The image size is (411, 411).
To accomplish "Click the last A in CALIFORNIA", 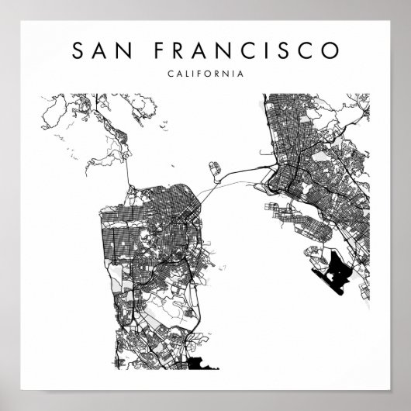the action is pos(240,74).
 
